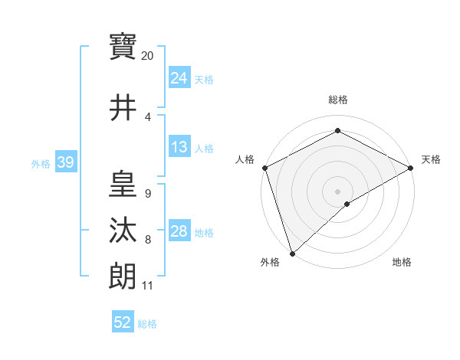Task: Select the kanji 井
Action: coord(123,107)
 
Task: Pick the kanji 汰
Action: coord(123,231)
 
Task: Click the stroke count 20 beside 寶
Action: coord(148,56)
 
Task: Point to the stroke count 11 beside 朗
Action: coord(147,286)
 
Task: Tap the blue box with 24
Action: coord(179,78)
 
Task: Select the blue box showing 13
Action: coord(179,147)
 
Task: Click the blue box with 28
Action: coord(179,232)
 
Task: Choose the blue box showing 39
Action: coord(65,162)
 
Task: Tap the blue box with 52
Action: coord(123,322)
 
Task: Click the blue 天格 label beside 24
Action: coord(204,80)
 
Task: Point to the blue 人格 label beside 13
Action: coord(204,149)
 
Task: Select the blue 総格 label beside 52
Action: coord(147,324)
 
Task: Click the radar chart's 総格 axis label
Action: coord(337,100)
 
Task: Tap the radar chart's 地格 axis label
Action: coord(402,263)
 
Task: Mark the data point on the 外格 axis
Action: coord(292,253)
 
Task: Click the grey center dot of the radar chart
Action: coord(337,191)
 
